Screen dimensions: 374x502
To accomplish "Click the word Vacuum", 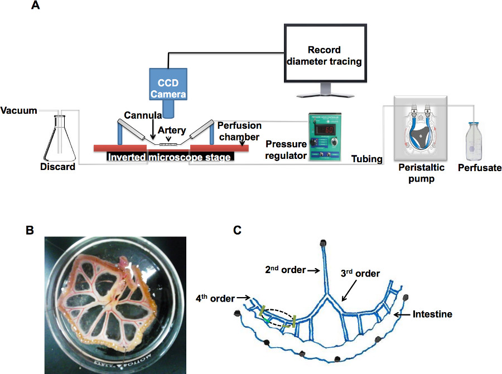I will coord(18,110).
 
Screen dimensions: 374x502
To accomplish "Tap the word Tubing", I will coord(367,159).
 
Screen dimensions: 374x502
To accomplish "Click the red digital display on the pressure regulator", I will coord(326,130).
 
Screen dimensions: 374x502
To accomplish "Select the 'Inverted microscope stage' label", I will coord(170,157).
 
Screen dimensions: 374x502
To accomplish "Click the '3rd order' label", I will coord(360,274).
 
